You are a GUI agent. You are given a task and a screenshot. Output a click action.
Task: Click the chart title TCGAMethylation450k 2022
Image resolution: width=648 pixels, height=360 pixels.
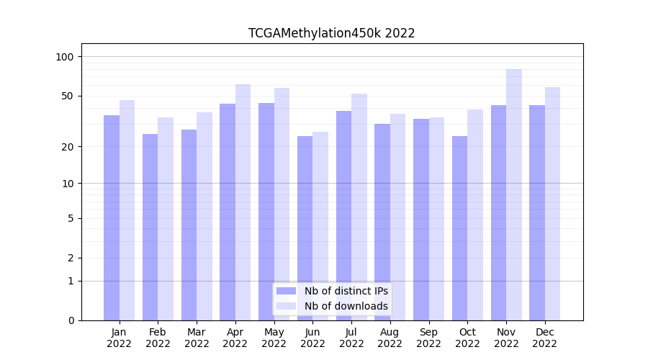[x=331, y=33]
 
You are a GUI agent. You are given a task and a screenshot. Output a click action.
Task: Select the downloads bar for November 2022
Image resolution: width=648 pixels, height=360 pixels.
[x=514, y=194]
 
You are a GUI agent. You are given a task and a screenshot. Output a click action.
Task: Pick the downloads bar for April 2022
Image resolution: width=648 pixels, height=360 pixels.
[x=243, y=202]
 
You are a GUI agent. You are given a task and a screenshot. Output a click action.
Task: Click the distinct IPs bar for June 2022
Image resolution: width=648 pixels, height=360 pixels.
[x=305, y=228]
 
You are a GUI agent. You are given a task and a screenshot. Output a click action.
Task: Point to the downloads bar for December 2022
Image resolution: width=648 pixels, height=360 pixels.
[x=553, y=204]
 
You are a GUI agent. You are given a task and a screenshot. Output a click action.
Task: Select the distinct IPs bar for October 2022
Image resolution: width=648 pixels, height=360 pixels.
[x=460, y=228]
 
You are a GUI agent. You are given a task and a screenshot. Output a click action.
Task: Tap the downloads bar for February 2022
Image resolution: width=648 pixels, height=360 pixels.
[x=166, y=219]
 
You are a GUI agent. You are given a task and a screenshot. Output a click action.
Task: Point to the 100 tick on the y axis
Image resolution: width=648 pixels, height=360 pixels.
[x=69, y=57]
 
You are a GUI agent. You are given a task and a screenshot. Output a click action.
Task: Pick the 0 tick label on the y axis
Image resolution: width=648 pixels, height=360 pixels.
[x=71, y=320]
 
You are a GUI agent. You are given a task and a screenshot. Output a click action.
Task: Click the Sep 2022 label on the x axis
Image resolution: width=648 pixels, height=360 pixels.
[x=428, y=338]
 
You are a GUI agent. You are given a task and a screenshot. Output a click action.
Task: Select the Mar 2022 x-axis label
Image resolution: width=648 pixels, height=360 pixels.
[x=197, y=338]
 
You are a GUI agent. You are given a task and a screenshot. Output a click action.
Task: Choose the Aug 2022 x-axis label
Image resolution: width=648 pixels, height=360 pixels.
[x=390, y=338]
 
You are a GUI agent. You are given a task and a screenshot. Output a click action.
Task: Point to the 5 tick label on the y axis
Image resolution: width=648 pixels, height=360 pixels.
[x=71, y=218]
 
